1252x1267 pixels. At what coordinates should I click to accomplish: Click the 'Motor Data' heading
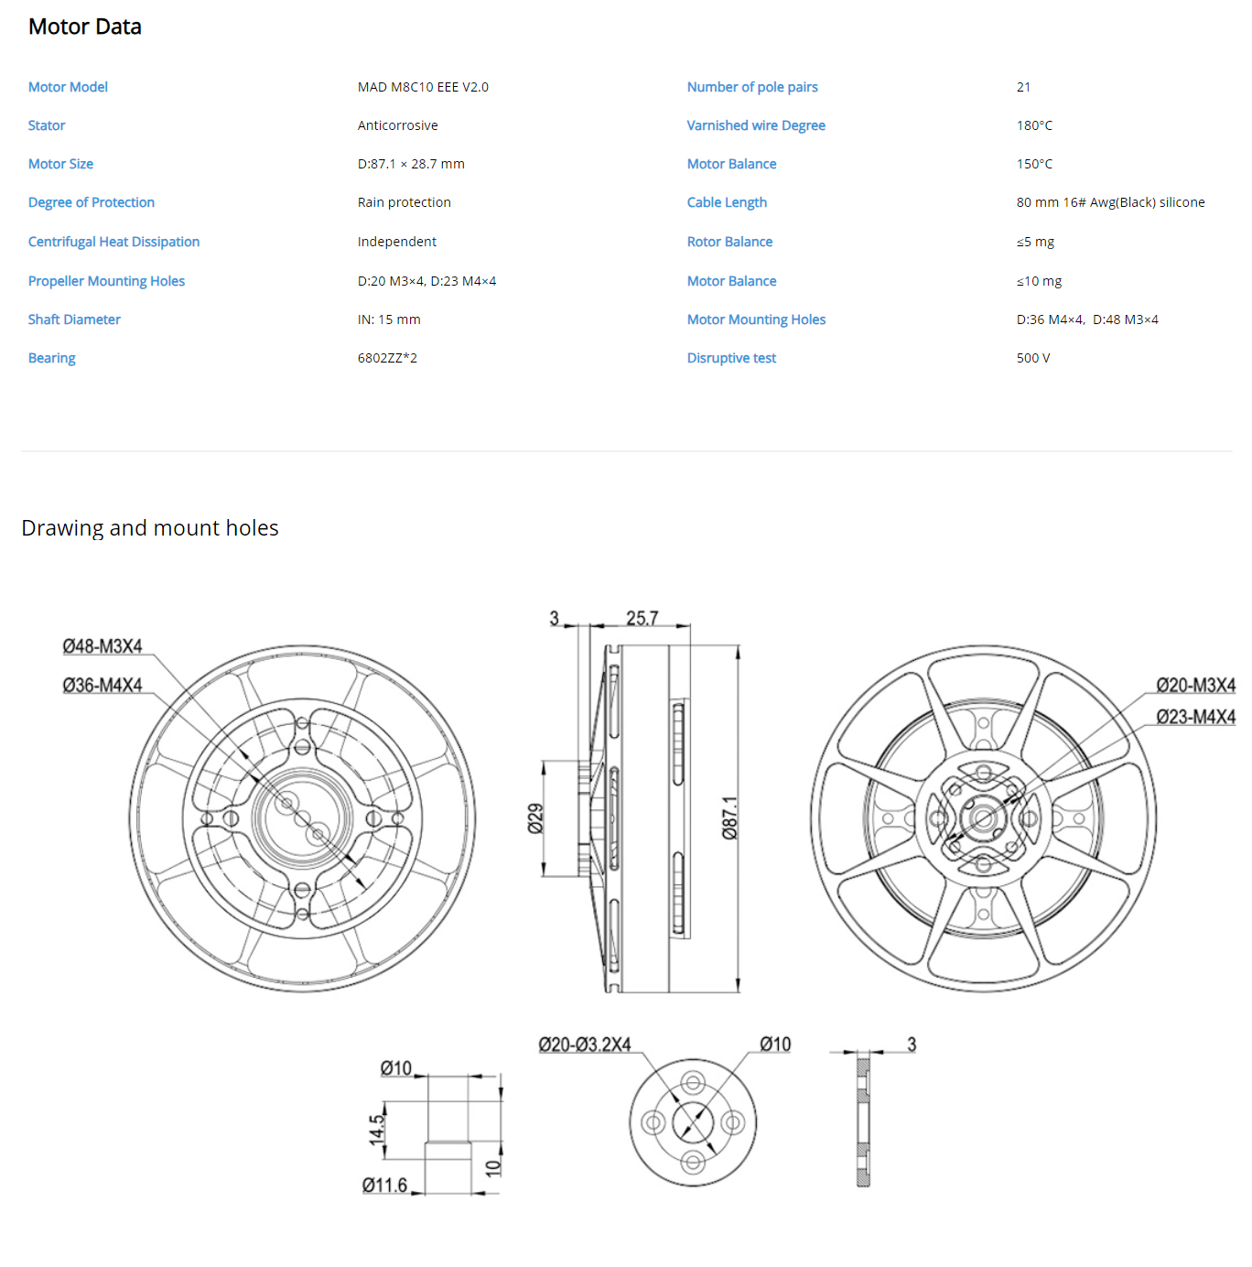pyautogui.click(x=85, y=27)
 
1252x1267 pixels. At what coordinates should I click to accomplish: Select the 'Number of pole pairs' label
pyautogui.click(x=752, y=88)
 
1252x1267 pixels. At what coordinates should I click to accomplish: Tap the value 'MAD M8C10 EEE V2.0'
pyautogui.click(x=423, y=88)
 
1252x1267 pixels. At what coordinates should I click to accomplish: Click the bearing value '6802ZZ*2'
pyautogui.click(x=387, y=358)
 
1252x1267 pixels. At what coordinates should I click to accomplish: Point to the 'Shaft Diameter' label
pyautogui.click(x=74, y=319)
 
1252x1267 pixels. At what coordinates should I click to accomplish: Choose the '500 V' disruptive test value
pyautogui.click(x=1033, y=358)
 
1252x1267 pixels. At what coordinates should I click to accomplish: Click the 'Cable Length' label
pyautogui.click(x=727, y=202)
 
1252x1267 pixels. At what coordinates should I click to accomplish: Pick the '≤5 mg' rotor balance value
pyautogui.click(x=1035, y=242)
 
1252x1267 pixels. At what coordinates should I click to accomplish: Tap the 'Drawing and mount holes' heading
pyautogui.click(x=150, y=528)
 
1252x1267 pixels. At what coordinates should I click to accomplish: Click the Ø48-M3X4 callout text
pyautogui.click(x=102, y=646)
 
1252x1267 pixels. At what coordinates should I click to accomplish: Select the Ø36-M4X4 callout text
pyautogui.click(x=102, y=685)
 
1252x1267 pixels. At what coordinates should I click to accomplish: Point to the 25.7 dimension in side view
pyautogui.click(x=642, y=618)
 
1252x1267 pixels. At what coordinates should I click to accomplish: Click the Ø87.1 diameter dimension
pyautogui.click(x=730, y=818)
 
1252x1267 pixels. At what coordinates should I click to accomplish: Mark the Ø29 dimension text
pyautogui.click(x=535, y=818)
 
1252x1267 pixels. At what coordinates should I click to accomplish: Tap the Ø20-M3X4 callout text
pyautogui.click(x=1195, y=685)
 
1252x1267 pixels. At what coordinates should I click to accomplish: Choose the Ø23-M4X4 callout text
pyautogui.click(x=1195, y=717)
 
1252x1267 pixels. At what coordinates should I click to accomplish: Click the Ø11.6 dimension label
pyautogui.click(x=384, y=1186)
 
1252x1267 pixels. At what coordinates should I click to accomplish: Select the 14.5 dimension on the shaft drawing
pyautogui.click(x=376, y=1130)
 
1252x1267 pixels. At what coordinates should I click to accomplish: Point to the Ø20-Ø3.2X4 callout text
pyautogui.click(x=584, y=1045)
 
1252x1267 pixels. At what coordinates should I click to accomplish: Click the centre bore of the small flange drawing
pyautogui.click(x=693, y=1122)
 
